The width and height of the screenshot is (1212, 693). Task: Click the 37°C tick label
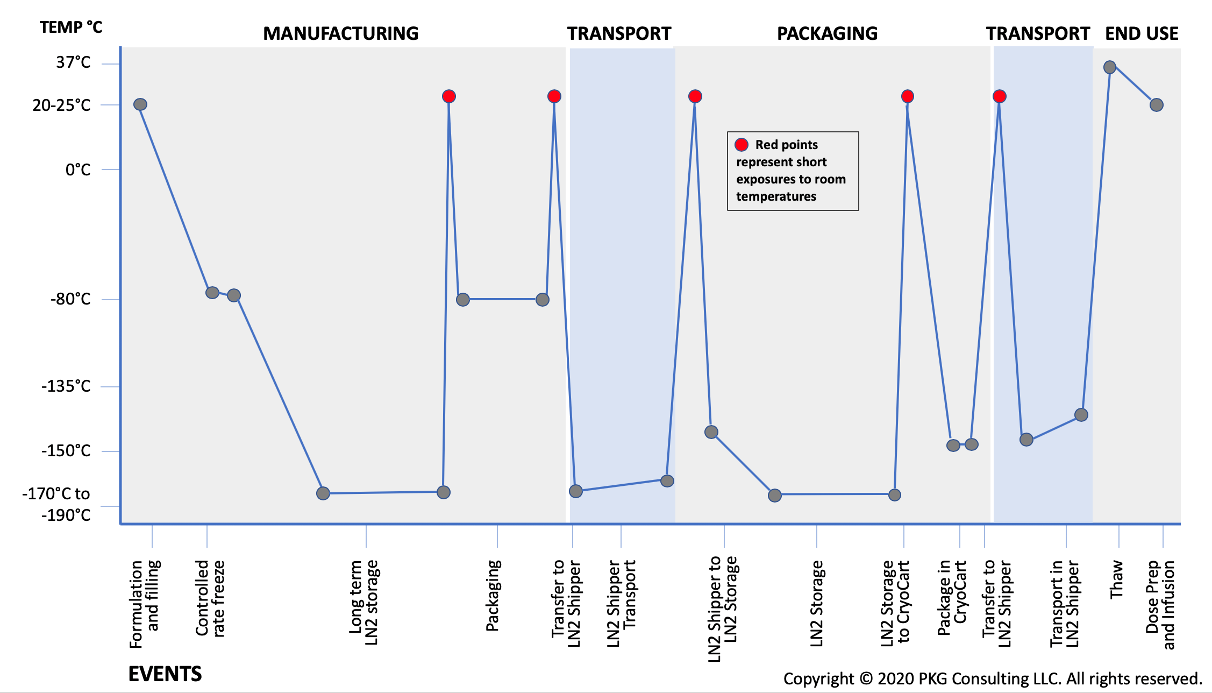(73, 62)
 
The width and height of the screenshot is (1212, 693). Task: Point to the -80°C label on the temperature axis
(70, 299)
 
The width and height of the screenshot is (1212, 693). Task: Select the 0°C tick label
(78, 170)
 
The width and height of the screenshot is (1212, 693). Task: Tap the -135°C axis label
(66, 386)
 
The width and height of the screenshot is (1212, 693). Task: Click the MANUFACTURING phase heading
(340, 33)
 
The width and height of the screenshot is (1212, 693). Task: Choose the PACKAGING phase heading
(827, 33)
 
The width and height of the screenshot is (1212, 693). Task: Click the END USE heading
(1141, 33)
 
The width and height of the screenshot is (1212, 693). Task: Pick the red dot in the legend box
(742, 145)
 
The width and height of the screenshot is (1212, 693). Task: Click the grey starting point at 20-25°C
(140, 104)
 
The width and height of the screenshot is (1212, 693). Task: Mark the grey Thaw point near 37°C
(1110, 67)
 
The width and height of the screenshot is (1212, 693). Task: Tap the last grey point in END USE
(1157, 105)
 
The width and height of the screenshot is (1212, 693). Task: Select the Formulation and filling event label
(145, 603)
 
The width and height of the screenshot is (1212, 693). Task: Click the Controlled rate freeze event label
(210, 598)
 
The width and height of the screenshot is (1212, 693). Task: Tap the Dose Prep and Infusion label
(1160, 604)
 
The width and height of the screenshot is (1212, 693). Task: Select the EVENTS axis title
(165, 674)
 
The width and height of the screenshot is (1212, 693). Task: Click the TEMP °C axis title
(71, 27)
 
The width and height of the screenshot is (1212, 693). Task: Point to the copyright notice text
(992, 678)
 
